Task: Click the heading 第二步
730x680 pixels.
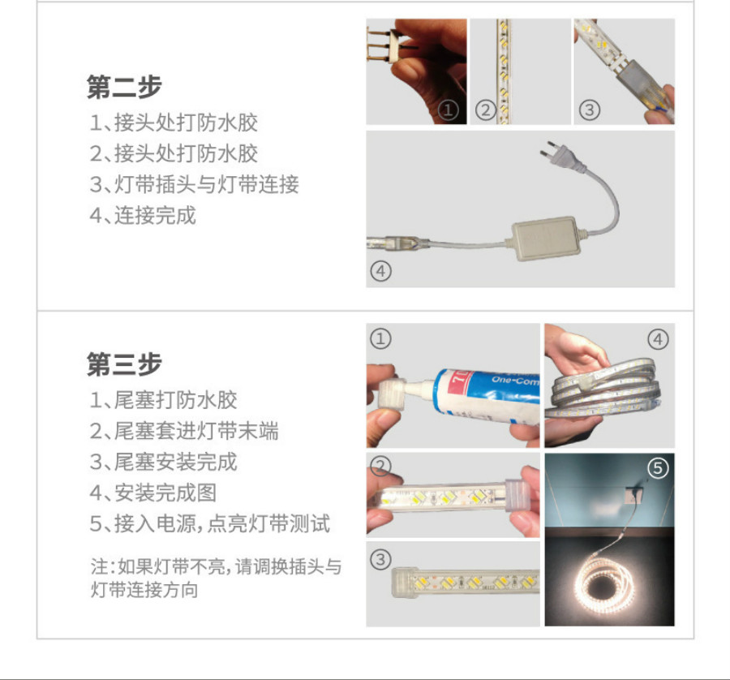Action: [x=124, y=87]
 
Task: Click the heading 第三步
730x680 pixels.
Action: [x=124, y=364]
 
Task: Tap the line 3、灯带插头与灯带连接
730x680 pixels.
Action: [x=194, y=184]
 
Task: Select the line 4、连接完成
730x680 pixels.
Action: [x=143, y=215]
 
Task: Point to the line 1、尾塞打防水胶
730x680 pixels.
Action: [x=163, y=400]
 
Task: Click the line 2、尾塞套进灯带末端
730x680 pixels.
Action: [x=184, y=431]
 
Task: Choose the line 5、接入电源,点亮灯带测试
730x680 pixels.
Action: [x=210, y=523]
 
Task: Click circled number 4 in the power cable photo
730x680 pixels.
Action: [x=381, y=270]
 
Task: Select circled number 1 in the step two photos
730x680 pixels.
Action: [x=449, y=110]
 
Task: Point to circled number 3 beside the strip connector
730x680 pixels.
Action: [x=590, y=110]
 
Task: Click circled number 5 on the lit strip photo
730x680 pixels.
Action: [x=658, y=467]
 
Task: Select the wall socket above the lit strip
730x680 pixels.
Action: [x=634, y=496]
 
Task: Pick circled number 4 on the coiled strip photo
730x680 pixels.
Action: [x=658, y=339]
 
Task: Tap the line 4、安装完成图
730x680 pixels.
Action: [x=153, y=493]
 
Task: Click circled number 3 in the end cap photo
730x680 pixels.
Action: [x=380, y=559]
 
